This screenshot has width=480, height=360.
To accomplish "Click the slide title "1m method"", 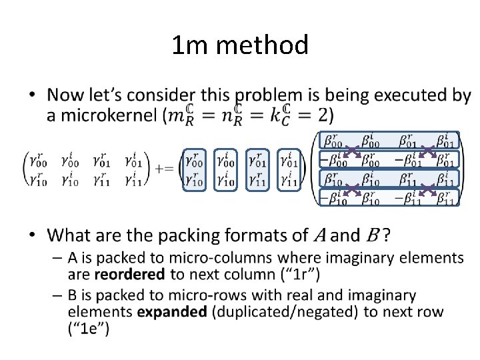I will point(240,45).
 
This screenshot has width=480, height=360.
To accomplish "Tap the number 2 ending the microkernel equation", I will point(324,115).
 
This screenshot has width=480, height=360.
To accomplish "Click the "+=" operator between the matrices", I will point(164,168).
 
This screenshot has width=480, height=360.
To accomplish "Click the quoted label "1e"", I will point(89,328).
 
